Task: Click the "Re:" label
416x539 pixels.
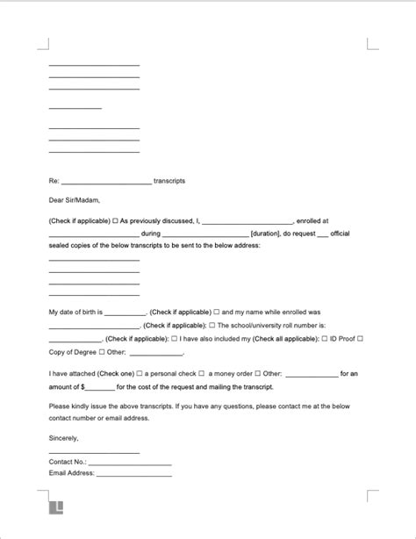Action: [x=54, y=181]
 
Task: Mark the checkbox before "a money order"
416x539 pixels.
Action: [x=201, y=374]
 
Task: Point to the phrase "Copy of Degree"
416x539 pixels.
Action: [x=73, y=352]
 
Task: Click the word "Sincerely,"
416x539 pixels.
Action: [x=64, y=437]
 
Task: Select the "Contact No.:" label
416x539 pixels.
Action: [x=68, y=461]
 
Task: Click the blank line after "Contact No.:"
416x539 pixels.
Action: [x=130, y=464]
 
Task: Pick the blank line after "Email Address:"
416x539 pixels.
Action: [x=133, y=476]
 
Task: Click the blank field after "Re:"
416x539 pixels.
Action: [x=107, y=183]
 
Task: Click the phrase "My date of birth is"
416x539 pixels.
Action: [x=76, y=312]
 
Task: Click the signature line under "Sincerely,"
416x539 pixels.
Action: [x=94, y=452]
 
